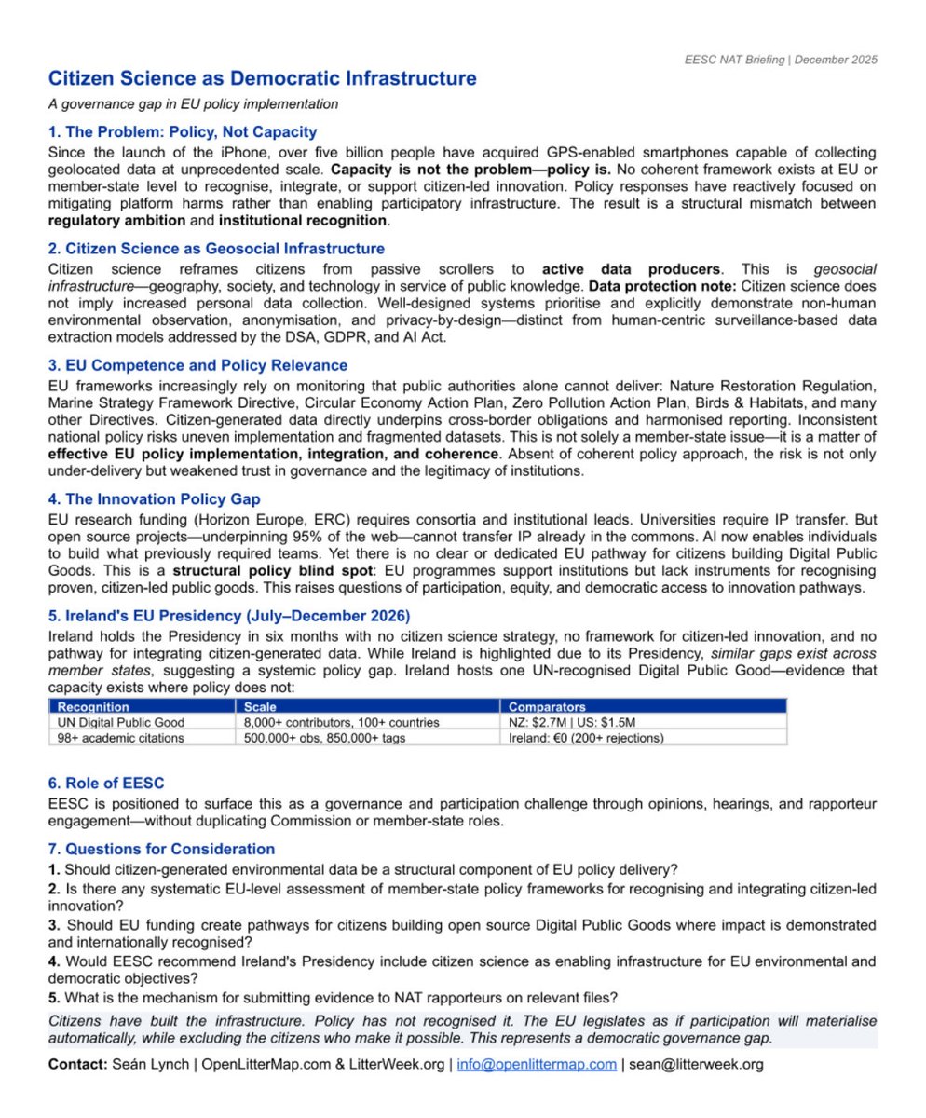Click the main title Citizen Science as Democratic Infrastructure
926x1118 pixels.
click(x=262, y=79)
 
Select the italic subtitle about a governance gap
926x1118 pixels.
click(x=193, y=104)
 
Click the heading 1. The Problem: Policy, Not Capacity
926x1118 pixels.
click(x=183, y=132)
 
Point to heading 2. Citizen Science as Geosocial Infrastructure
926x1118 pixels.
click(x=216, y=249)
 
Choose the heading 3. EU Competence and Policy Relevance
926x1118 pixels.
click(x=197, y=365)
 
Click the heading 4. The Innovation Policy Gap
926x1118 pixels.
click(x=155, y=499)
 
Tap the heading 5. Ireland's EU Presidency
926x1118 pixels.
click(x=229, y=616)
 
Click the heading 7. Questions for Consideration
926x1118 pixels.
click(x=161, y=849)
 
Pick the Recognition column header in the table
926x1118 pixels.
click(x=93, y=707)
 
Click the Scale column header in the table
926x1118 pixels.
click(x=260, y=707)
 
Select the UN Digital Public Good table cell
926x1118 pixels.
click(x=121, y=722)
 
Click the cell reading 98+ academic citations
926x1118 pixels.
click(x=120, y=738)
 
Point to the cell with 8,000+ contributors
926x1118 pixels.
click(x=341, y=722)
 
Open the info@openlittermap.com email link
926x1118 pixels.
click(x=536, y=1064)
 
